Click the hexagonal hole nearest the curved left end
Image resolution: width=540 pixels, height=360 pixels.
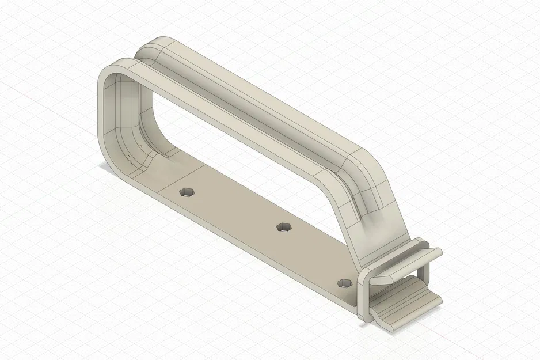pos(186,192)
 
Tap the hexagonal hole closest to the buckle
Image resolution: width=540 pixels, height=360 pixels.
pos(344,282)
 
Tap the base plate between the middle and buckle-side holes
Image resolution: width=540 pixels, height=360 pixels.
pos(314,253)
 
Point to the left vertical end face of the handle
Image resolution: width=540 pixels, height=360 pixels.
pos(104,115)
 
